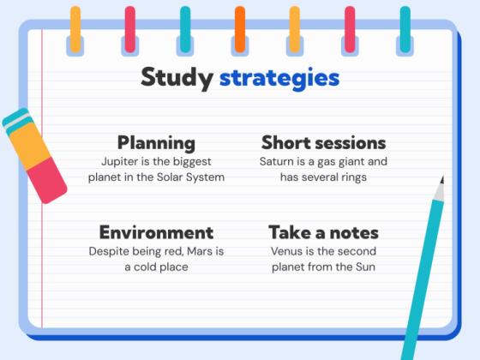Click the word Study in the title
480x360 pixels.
coord(177,78)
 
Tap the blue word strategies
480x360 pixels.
coord(279,78)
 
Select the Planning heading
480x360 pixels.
coord(156,142)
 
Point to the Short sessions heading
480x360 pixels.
coord(323,142)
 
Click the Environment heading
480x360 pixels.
coord(156,232)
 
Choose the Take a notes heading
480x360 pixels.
coord(323,232)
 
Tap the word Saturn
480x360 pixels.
coord(279,160)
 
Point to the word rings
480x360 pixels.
coord(351,177)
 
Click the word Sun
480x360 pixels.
coord(366,267)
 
